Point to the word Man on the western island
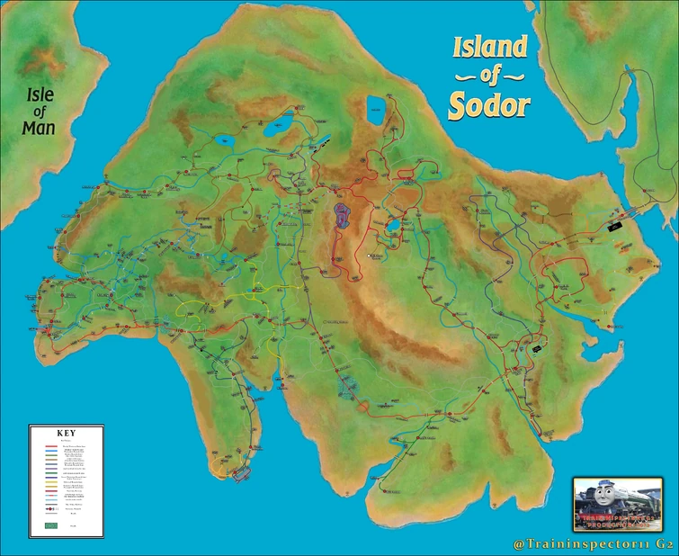coord(39,128)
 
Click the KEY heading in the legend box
coord(66,433)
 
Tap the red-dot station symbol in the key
coord(51,509)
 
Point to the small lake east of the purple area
coord(393,225)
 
